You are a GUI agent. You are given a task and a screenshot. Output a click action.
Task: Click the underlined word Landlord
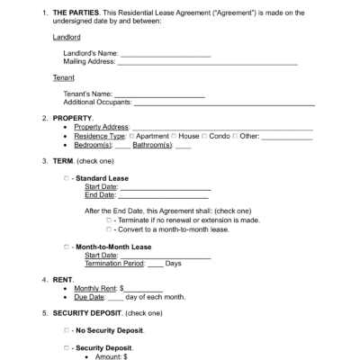click(x=67, y=38)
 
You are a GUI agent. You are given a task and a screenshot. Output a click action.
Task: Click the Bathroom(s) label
click(x=154, y=145)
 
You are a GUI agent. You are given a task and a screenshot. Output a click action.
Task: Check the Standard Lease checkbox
click(x=67, y=178)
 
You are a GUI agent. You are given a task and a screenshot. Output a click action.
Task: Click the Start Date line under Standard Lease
click(x=163, y=187)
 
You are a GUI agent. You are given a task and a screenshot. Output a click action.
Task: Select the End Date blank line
click(x=163, y=195)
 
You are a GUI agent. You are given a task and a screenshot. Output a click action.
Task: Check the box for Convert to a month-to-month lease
click(x=108, y=229)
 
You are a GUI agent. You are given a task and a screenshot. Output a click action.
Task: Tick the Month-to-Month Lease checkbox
click(x=67, y=247)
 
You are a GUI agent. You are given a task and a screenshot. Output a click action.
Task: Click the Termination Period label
click(x=114, y=264)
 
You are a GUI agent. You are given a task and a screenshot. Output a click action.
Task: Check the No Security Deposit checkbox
click(x=67, y=330)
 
